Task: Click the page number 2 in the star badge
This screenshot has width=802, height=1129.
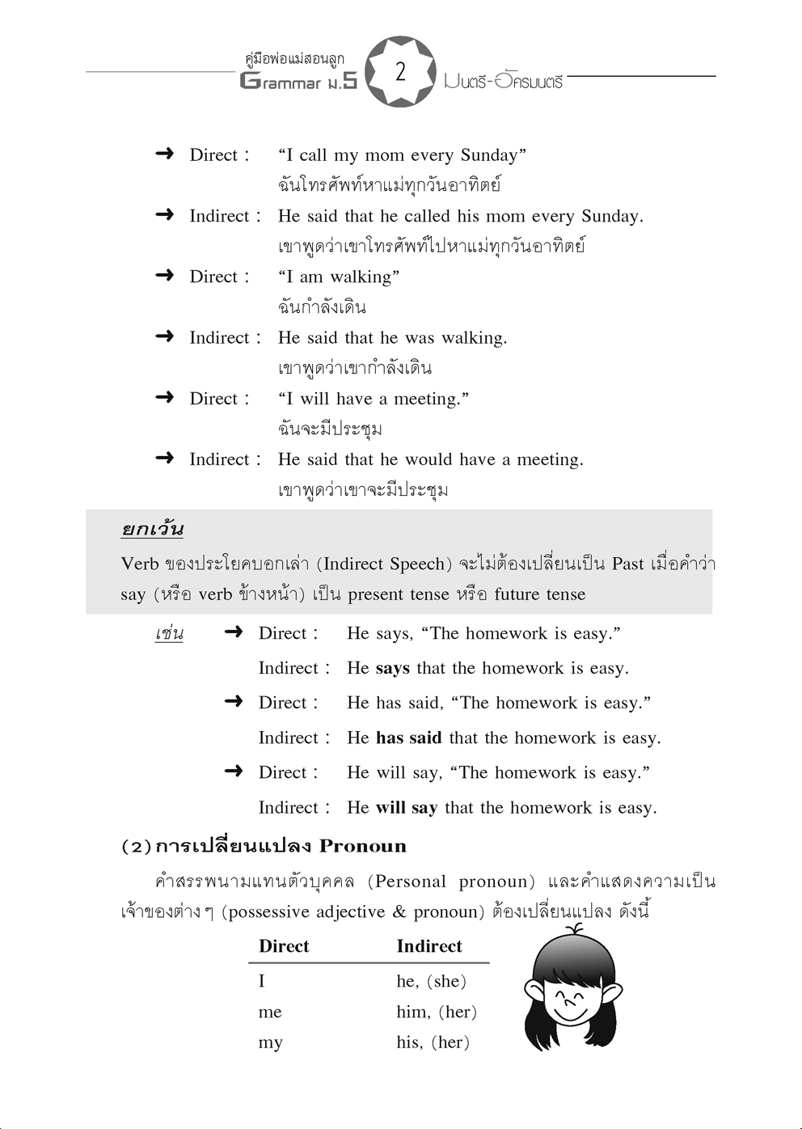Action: coord(400,72)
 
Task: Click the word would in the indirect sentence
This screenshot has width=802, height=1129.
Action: coord(429,460)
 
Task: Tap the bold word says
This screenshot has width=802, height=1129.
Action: coord(393,669)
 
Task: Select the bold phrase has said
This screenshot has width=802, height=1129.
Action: coord(409,738)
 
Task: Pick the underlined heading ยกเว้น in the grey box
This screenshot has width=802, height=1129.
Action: coord(152,530)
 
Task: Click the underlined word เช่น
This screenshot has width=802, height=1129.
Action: coord(169,633)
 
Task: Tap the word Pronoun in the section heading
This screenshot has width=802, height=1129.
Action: coord(363,847)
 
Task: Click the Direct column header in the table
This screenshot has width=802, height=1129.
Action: coord(284,946)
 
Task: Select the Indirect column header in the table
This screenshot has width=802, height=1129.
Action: coord(429,946)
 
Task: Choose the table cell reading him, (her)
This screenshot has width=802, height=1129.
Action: coord(437,1012)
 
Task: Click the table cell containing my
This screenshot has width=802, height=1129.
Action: coord(270,1043)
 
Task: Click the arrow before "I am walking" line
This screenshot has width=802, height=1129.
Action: coord(165,276)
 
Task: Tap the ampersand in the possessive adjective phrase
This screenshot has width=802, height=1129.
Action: coord(399,912)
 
